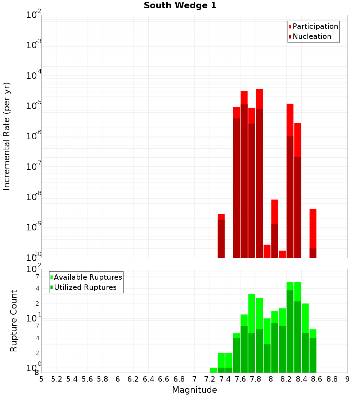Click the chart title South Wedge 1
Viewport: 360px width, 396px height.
pyautogui.click(x=180, y=6)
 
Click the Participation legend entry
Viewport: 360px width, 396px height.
pyautogui.click(x=315, y=26)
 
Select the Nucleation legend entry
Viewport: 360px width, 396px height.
pyautogui.click(x=312, y=36)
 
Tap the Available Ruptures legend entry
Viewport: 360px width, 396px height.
pyautogui.click(x=88, y=277)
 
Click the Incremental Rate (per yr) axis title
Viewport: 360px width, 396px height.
pyautogui.click(x=7, y=136)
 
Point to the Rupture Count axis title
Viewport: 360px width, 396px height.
pyautogui.click(x=14, y=321)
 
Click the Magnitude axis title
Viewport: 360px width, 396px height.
pyautogui.click(x=194, y=390)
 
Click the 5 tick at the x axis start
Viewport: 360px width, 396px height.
pyautogui.click(x=41, y=379)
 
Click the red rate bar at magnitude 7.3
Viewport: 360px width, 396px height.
pyautogui.click(x=221, y=236)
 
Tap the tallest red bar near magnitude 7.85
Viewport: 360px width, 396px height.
pyautogui.click(x=259, y=173)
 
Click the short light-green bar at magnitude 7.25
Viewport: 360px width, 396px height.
pyautogui.click(x=213, y=370)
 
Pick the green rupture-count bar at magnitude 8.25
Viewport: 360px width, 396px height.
pyautogui.click(x=290, y=328)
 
